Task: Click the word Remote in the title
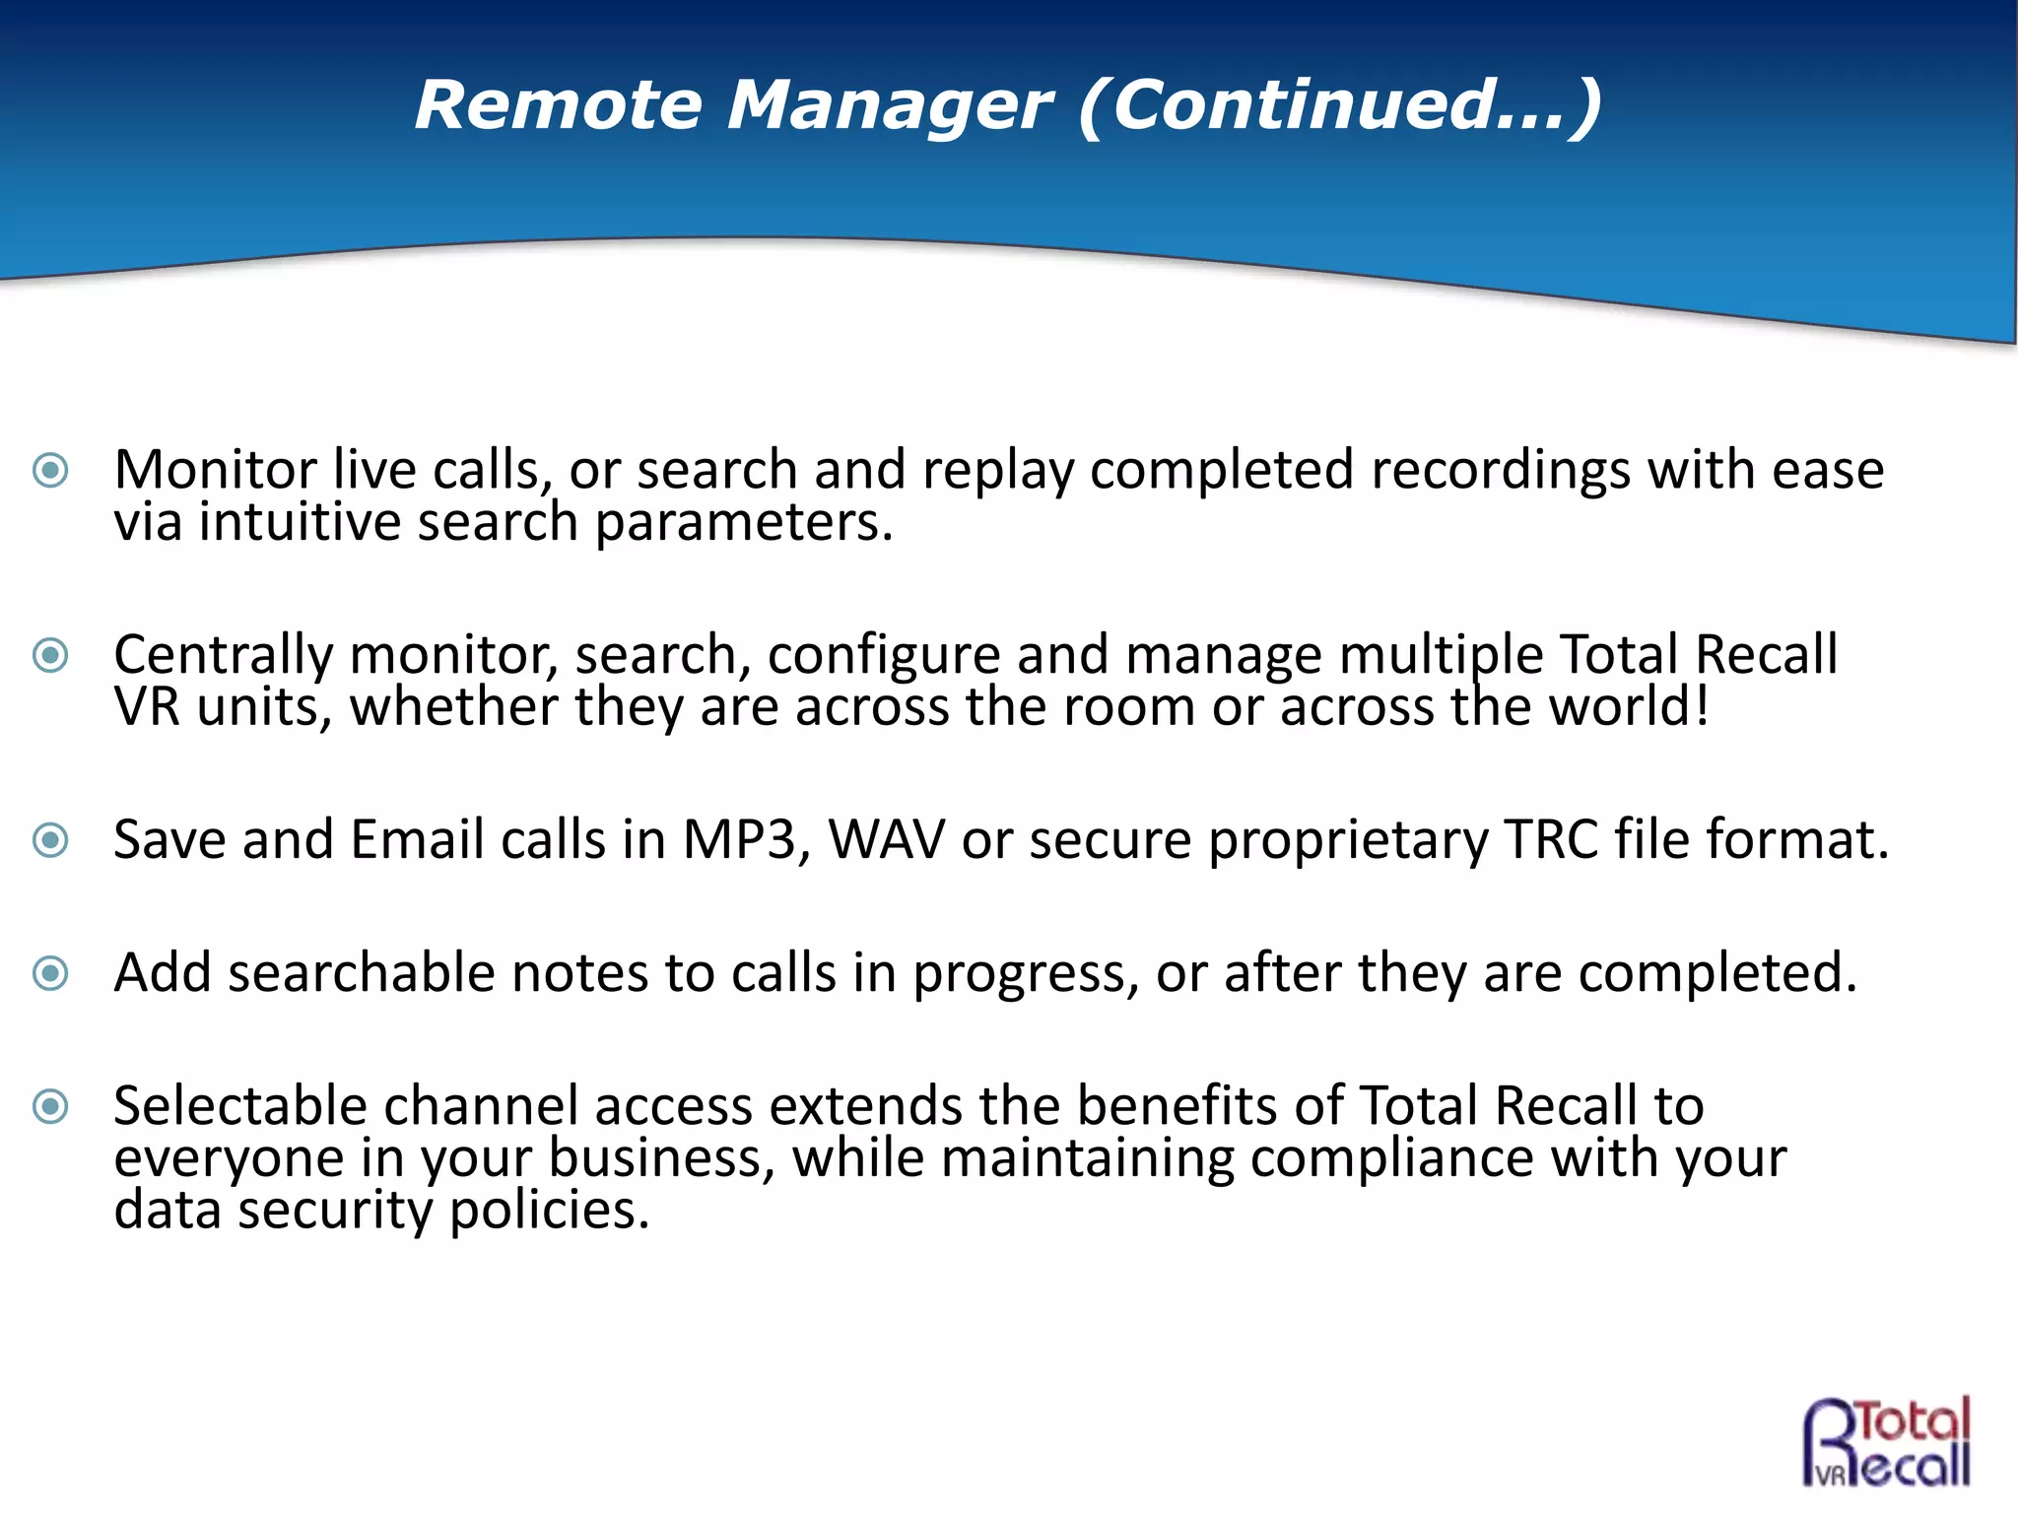tap(558, 104)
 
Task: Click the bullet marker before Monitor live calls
tap(50, 470)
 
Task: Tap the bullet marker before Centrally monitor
tap(50, 655)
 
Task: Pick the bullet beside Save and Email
tap(50, 840)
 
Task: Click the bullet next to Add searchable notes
tap(50, 973)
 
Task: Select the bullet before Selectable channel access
tap(50, 1106)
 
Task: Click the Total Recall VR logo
tap(1887, 1441)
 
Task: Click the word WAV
tap(886, 840)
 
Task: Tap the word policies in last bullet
tap(549, 1212)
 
